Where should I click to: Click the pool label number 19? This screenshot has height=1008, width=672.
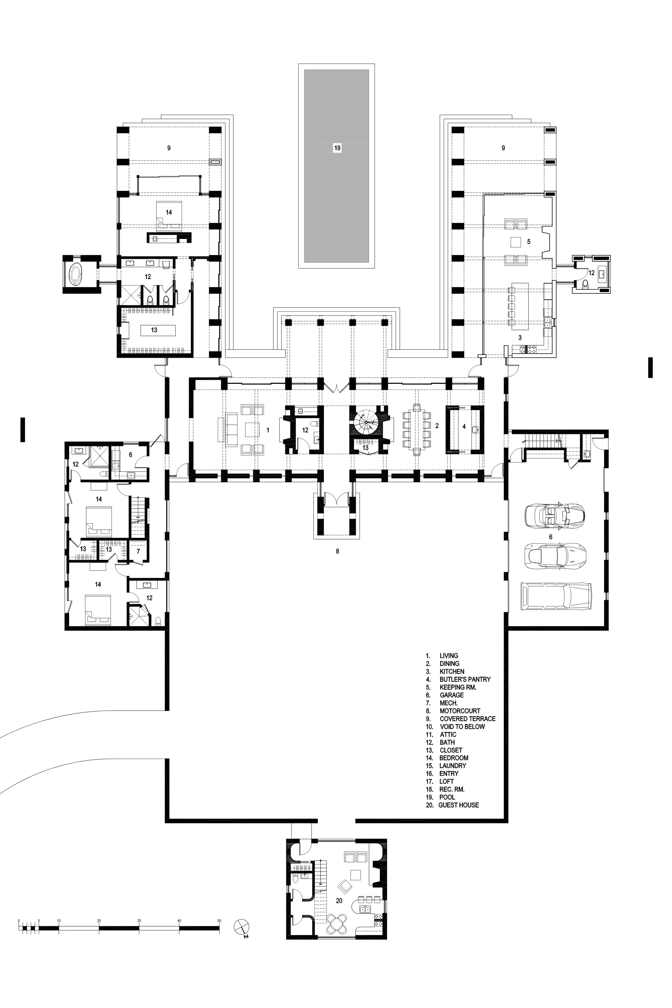pos(337,148)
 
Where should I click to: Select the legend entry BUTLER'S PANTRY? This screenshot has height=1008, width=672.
pos(464,679)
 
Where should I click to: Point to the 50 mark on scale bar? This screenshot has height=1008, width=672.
pos(219,921)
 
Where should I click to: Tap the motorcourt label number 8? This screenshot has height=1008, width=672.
pos(337,552)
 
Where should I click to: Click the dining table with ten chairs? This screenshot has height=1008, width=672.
pos(417,427)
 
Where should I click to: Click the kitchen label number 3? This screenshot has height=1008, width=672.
pos(520,338)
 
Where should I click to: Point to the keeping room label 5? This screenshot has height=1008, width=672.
pos(529,242)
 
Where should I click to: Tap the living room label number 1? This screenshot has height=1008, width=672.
pos(268,430)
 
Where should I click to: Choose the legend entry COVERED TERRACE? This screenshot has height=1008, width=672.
pos(467,719)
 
